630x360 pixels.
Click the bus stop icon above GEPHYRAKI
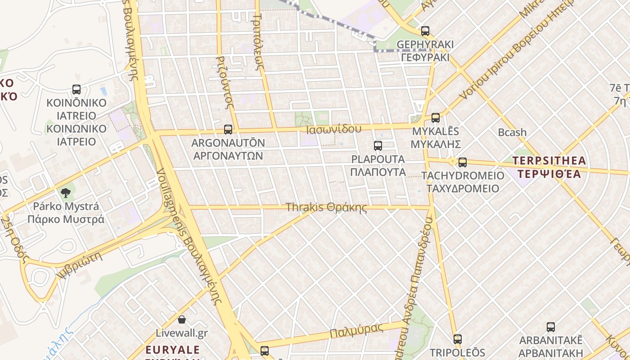tap(425, 31)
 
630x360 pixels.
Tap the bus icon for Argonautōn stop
tap(228, 130)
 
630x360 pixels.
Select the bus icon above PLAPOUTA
tap(378, 146)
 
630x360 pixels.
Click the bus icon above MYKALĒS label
tap(436, 118)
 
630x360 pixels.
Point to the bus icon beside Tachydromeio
tap(463, 162)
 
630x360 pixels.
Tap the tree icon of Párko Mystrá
tap(66, 193)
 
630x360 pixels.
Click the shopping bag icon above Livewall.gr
tap(182, 319)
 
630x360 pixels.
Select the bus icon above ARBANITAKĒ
tap(551, 327)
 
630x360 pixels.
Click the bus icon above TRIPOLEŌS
tap(458, 339)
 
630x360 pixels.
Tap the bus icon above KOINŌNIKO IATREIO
tap(76, 90)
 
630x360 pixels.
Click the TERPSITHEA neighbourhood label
tap(549, 161)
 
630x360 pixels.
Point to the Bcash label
tap(512, 132)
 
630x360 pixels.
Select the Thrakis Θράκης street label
tap(326, 207)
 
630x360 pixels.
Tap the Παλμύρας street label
tap(356, 330)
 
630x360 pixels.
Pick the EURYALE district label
tap(173, 350)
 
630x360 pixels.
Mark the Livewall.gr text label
tap(182, 333)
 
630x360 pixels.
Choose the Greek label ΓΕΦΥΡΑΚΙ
tap(425, 57)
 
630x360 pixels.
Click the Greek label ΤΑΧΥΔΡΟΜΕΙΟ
tap(463, 188)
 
